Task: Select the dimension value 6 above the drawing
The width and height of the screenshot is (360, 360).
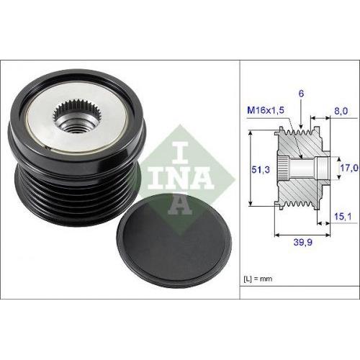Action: tap(302, 93)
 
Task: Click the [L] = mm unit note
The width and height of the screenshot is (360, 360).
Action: tap(256, 276)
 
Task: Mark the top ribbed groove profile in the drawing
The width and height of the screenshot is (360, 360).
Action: tap(301, 132)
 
